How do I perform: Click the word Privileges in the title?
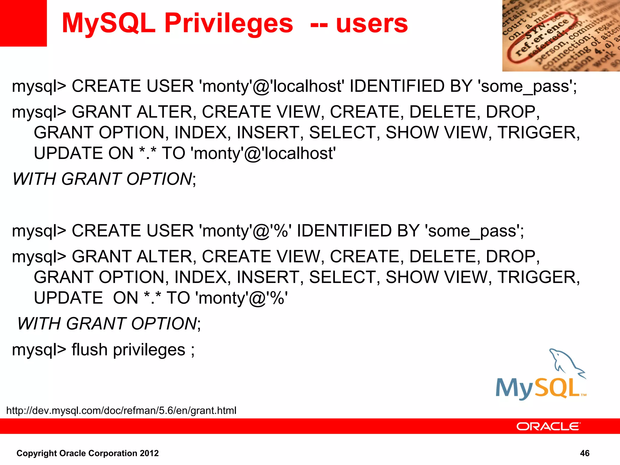tap(229, 24)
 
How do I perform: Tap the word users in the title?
tap(372, 24)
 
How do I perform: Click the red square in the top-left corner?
tap(23, 23)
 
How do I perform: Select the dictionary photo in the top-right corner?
tap(561, 36)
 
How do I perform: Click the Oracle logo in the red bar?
tap(548, 427)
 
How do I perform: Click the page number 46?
tap(585, 453)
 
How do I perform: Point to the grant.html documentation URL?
tap(121, 411)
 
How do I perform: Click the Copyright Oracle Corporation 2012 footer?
tap(87, 453)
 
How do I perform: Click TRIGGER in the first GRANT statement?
tap(538, 133)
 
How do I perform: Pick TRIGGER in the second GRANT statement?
tap(538, 277)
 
